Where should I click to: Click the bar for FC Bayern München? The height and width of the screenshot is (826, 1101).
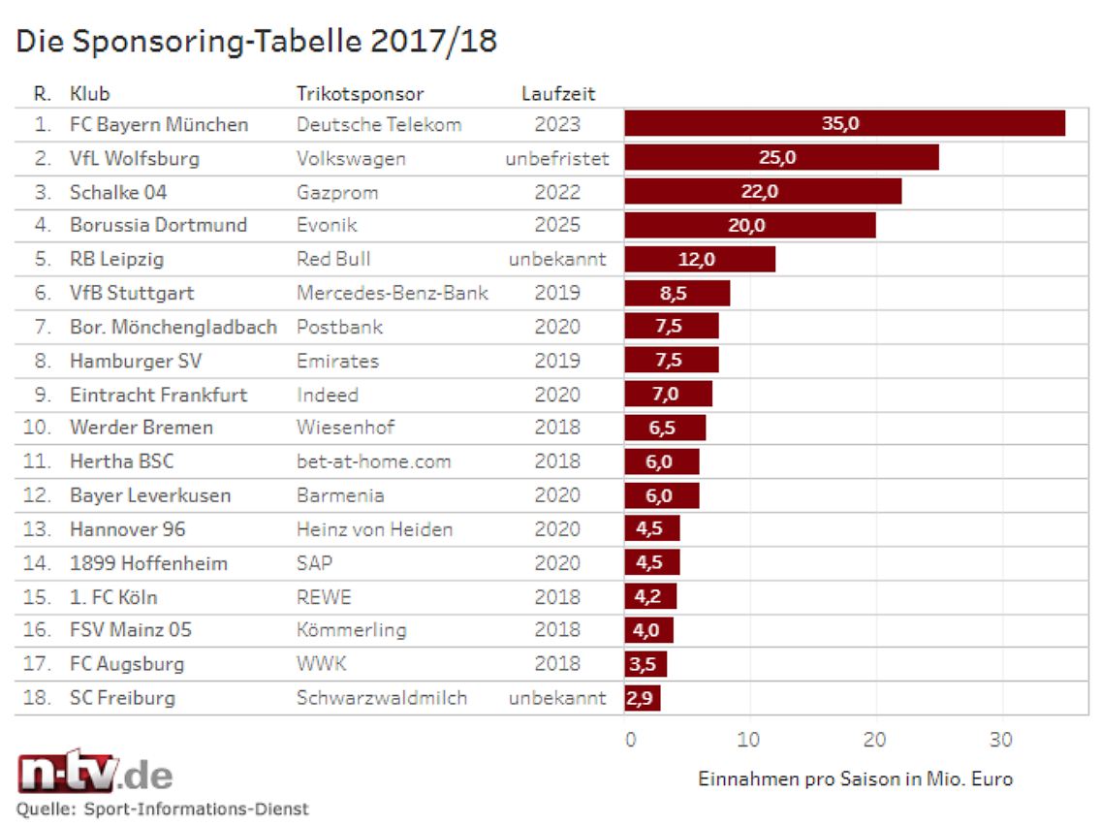click(844, 124)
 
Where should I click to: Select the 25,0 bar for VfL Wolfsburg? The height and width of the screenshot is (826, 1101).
click(781, 158)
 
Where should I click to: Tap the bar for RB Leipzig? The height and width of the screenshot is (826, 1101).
click(700, 259)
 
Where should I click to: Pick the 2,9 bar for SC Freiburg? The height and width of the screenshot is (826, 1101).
click(642, 698)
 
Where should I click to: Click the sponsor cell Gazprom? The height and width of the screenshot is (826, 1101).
click(337, 192)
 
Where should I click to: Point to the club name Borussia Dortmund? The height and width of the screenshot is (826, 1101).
click(158, 225)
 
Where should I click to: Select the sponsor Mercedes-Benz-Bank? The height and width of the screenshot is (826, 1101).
click(392, 293)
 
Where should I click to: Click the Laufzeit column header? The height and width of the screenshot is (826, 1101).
click(558, 94)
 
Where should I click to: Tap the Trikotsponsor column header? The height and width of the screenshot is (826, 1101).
click(360, 94)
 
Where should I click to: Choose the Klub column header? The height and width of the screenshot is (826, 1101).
click(89, 94)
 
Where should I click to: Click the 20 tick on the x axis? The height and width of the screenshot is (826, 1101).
click(875, 740)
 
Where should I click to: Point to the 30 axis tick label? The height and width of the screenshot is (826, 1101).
click(1001, 740)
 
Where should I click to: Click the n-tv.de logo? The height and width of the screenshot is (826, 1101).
click(95, 774)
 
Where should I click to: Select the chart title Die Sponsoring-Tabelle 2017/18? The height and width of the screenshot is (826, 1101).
click(256, 42)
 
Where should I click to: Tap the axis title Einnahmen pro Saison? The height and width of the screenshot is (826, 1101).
click(855, 779)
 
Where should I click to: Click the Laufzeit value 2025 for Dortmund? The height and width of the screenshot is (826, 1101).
click(557, 225)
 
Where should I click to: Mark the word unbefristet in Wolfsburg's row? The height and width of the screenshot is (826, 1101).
click(557, 158)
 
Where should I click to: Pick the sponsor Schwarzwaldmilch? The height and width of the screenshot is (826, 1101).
click(381, 698)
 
